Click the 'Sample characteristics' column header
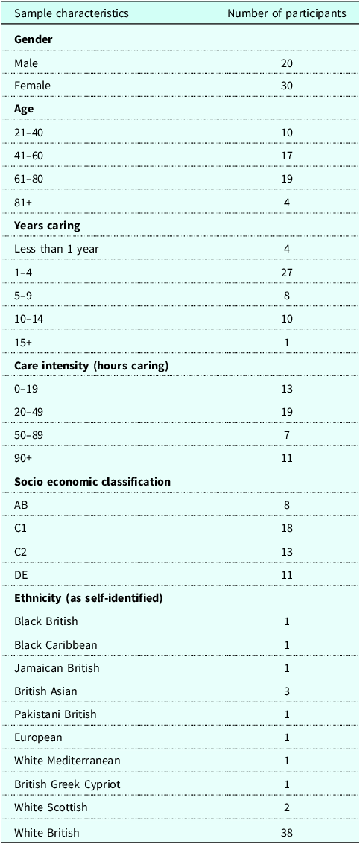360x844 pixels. (x=72, y=13)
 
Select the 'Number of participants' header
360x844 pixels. (x=287, y=13)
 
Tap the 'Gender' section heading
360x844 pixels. (x=33, y=39)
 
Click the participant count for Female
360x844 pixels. (x=287, y=86)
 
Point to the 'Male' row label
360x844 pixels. (x=26, y=63)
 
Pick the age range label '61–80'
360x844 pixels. (x=30, y=179)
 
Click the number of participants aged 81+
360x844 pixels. (x=287, y=203)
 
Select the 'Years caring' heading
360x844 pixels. (x=48, y=226)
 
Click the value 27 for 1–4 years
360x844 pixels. (x=287, y=273)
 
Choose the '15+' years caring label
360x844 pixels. (x=22, y=342)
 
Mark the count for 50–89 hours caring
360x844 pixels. (x=287, y=435)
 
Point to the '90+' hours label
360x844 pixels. (x=23, y=458)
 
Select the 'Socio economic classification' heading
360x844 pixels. (x=92, y=482)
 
